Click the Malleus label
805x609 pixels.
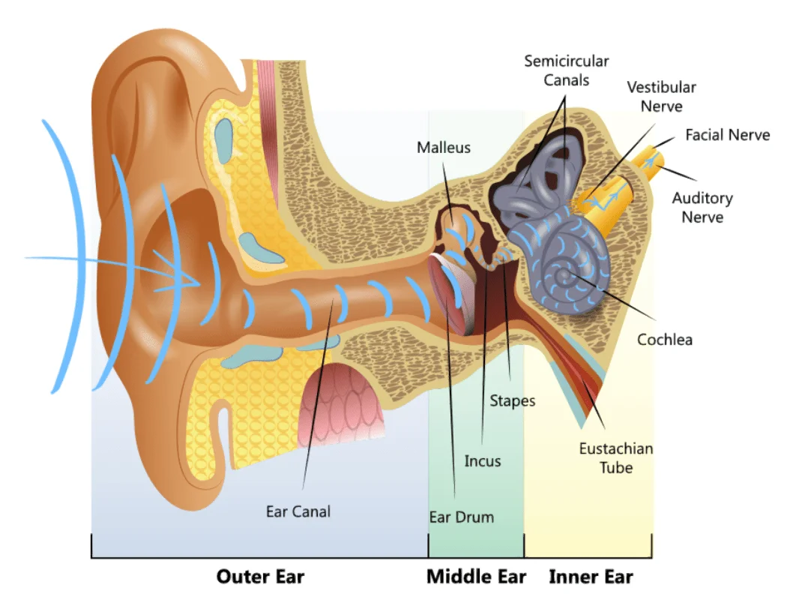[444, 147]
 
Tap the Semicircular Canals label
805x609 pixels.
[566, 70]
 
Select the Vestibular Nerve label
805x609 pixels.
[661, 97]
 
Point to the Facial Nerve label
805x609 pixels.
[727, 135]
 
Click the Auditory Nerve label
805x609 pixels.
[702, 208]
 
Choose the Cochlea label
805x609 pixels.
[664, 340]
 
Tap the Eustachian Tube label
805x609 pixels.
[615, 457]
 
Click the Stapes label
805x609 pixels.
[513, 400]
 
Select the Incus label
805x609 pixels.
[482, 460]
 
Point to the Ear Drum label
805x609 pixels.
[461, 517]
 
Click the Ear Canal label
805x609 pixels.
[298, 511]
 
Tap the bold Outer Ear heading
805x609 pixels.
[260, 577]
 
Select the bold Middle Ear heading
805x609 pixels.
[476, 577]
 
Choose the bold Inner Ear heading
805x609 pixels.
[591, 577]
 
